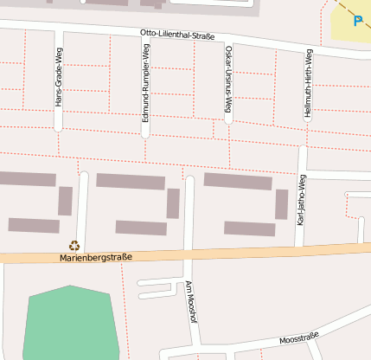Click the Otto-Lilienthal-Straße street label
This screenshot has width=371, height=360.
point(177,35)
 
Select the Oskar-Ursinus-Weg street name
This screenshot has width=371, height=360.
point(228,80)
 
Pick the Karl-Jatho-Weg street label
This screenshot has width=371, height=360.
point(301,199)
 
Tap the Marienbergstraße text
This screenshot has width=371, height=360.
point(96,257)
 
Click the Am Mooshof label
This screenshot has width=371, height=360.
point(189,299)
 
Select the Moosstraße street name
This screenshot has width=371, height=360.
point(299,337)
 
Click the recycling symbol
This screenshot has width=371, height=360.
point(74,246)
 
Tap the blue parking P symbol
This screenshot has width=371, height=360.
point(358,20)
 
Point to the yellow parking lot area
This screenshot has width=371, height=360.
point(346,30)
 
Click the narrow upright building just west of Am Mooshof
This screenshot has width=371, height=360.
point(173,203)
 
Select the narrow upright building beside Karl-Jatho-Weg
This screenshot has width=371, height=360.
point(281,204)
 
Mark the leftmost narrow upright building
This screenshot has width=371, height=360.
point(65,201)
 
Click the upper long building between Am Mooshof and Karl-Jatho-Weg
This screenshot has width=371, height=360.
point(238,181)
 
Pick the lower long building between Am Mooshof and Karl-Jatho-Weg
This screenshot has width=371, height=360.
point(249,228)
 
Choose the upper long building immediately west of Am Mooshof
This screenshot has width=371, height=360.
point(130,181)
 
